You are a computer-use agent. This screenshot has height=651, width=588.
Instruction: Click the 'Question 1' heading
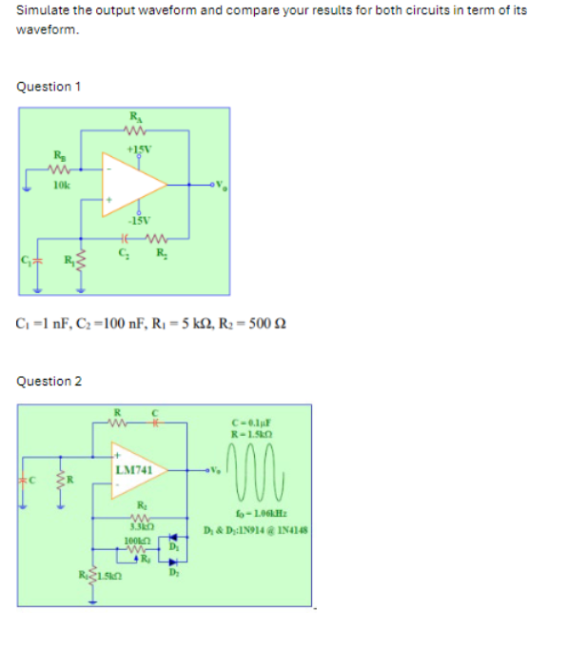coord(49,87)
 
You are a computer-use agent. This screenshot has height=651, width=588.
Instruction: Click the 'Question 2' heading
coord(49,382)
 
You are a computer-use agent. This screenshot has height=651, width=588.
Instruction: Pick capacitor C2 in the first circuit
coord(123,239)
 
